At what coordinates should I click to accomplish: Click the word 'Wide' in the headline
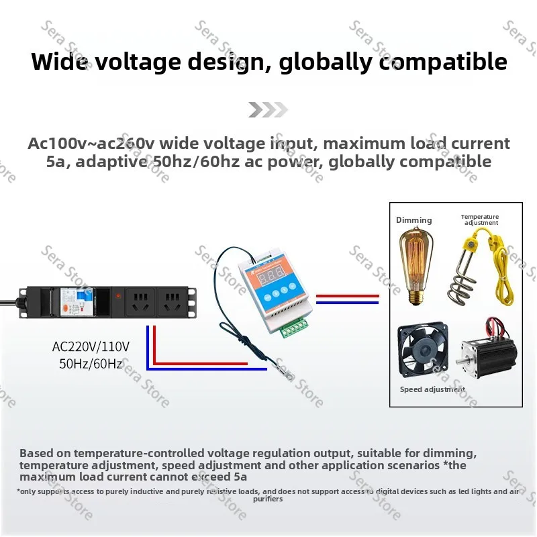pos(58,61)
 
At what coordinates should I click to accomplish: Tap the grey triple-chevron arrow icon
pos(268,109)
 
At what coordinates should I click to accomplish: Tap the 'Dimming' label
pos(413,220)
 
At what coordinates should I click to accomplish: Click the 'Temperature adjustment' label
pos(480,219)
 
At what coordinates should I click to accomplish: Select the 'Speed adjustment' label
pos(432,389)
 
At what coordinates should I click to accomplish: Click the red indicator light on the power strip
pos(118,295)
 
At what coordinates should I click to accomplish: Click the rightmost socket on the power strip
pos(173,301)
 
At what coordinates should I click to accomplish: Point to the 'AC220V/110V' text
pos(91,346)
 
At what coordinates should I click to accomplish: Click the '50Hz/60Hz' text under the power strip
pos(91,363)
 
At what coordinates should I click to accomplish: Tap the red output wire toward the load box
pos(347,296)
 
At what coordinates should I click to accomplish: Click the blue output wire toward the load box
pos(347,303)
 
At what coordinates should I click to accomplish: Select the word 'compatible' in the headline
pos(443,62)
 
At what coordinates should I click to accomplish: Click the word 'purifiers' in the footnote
pos(268,499)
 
